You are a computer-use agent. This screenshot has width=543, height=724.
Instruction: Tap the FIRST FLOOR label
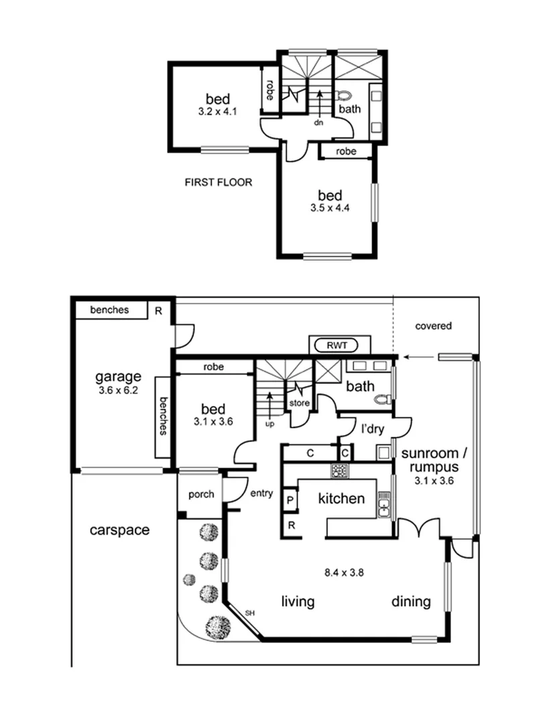click(x=219, y=182)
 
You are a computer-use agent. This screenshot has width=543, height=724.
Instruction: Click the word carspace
click(x=120, y=530)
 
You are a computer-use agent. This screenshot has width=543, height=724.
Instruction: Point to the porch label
click(x=200, y=495)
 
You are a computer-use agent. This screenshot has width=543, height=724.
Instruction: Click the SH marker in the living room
click(x=250, y=613)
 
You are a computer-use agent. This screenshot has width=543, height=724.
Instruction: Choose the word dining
click(x=411, y=602)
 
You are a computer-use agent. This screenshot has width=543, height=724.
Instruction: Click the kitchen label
click(x=341, y=499)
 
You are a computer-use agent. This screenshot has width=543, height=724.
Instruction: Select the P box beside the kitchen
click(x=290, y=500)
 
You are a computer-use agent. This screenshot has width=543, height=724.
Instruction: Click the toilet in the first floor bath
click(x=344, y=95)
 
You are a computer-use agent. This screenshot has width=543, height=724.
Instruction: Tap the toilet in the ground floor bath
click(x=383, y=399)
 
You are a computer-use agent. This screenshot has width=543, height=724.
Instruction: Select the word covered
click(x=433, y=326)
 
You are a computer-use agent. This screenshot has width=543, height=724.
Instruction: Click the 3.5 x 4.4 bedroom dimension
click(x=330, y=208)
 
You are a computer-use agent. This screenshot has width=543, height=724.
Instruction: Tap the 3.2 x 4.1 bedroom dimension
click(x=218, y=112)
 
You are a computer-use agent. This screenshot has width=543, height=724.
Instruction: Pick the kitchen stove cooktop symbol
click(x=337, y=471)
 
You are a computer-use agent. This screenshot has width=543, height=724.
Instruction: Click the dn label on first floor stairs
click(x=319, y=123)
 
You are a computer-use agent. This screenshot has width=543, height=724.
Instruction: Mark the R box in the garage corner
click(x=158, y=310)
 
